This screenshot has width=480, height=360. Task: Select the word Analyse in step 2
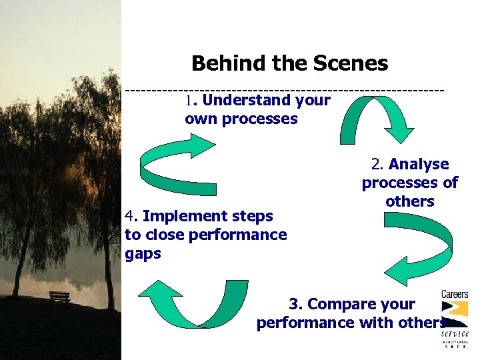click(x=419, y=164)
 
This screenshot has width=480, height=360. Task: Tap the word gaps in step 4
click(x=143, y=254)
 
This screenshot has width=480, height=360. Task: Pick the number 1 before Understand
click(x=189, y=101)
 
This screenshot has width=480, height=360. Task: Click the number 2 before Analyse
click(x=376, y=164)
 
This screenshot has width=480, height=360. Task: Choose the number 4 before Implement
click(x=129, y=216)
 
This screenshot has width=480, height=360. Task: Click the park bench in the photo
click(x=60, y=296)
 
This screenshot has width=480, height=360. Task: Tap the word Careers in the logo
click(x=455, y=294)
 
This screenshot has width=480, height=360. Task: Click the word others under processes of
click(x=409, y=201)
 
